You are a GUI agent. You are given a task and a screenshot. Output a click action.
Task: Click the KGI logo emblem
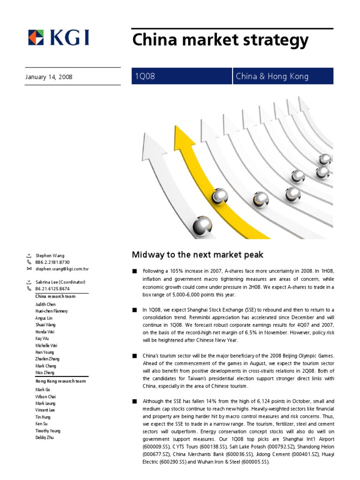point(36,38)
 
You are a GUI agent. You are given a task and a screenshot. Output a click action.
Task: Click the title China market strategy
point(220,40)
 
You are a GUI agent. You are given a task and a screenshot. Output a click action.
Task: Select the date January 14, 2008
point(49,76)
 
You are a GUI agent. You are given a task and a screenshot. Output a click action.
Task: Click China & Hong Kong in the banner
point(272,76)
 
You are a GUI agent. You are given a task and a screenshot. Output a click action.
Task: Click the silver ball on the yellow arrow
point(219,196)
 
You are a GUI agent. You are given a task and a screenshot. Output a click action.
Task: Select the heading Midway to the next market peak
point(197,255)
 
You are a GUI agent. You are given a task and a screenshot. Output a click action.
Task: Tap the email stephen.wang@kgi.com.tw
point(62,269)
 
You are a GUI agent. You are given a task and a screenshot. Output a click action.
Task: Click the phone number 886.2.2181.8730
point(52,262)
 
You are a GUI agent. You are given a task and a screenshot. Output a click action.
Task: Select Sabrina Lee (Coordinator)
point(60,282)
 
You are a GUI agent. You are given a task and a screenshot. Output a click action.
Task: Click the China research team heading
point(55,296)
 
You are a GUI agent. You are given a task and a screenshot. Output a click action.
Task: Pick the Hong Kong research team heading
point(60,381)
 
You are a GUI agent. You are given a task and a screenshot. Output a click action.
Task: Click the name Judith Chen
point(46,304)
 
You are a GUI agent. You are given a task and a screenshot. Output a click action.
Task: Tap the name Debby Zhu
point(45,437)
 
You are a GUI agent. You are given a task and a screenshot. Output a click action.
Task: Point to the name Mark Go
point(42,390)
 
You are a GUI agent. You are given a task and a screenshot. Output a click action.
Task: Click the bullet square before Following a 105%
point(135,271)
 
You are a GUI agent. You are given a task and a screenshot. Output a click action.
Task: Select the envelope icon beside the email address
point(29,269)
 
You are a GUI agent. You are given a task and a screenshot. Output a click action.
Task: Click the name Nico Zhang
point(45,373)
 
